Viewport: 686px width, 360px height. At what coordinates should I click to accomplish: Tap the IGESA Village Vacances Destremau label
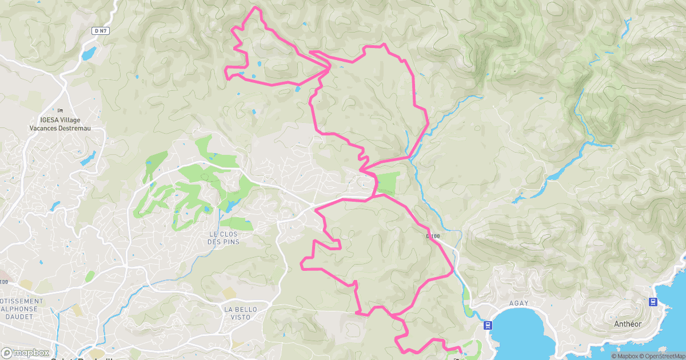pos(60,124)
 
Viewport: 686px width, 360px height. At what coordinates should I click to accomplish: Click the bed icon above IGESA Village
pos(61,110)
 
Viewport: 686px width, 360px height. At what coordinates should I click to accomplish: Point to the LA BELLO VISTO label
pos(241,313)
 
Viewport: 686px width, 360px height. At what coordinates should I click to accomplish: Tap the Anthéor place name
pos(627,324)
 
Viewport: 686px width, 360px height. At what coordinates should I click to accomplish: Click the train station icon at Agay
pos(487,325)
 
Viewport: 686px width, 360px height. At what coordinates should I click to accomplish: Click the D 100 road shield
pos(434,236)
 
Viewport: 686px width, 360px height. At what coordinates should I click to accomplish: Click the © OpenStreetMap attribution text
pos(657,356)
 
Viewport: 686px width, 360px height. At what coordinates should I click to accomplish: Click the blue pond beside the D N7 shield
pos(89,53)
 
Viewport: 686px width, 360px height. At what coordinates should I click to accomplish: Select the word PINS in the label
pos(232,242)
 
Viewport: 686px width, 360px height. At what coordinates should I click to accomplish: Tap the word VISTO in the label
pos(241,317)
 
